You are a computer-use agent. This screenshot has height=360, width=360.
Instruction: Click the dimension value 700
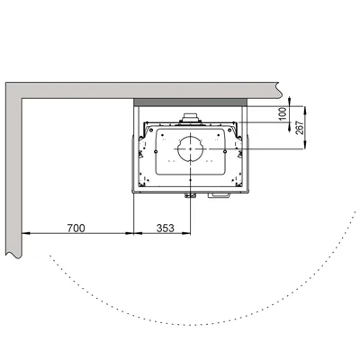click(76, 228)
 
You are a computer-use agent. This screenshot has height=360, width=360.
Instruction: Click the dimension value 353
click(165, 228)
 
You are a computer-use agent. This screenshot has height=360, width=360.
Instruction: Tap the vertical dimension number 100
click(283, 113)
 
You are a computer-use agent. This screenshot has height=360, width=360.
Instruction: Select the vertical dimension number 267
click(301, 128)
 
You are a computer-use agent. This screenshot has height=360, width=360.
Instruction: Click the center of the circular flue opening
click(190, 149)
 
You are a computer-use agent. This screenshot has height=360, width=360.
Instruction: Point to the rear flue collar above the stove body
click(190, 118)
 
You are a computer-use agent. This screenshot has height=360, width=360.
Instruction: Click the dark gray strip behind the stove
click(190, 103)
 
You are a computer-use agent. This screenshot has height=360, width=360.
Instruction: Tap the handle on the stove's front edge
click(220, 195)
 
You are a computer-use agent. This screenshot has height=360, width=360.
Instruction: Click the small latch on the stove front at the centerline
click(190, 196)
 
